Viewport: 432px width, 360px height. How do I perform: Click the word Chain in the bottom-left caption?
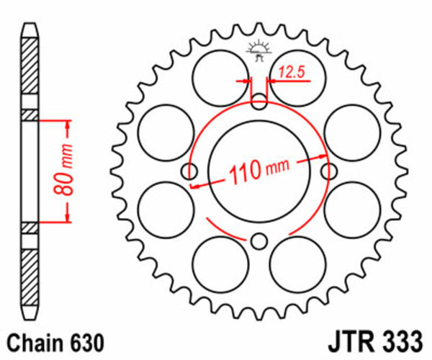point(35,341)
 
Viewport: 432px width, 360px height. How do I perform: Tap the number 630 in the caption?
point(84,341)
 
